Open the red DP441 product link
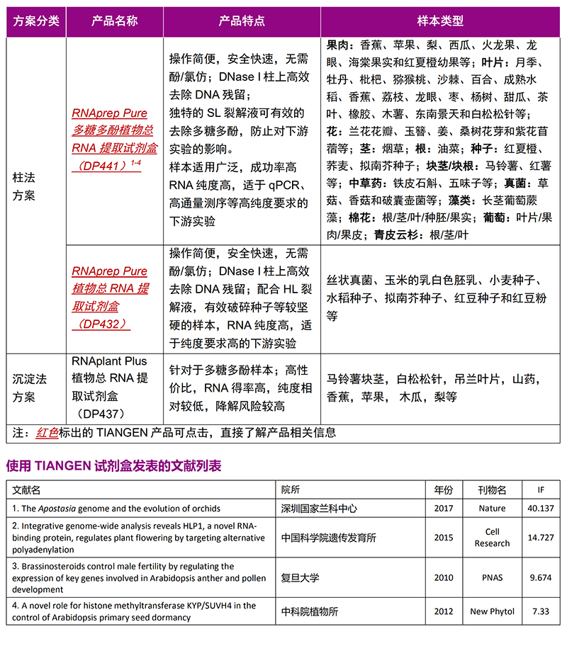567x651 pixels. (x=114, y=139)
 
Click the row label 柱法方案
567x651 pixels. (x=24, y=186)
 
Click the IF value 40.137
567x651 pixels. (x=541, y=508)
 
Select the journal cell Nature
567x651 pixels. (x=492, y=508)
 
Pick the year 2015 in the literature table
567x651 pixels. (x=444, y=538)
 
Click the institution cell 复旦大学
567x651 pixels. (x=300, y=577)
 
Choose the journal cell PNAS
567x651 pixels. (x=492, y=577)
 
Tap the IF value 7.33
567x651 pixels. (x=541, y=611)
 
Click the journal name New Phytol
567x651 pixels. (x=492, y=611)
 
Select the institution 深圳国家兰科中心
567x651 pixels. (x=319, y=508)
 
